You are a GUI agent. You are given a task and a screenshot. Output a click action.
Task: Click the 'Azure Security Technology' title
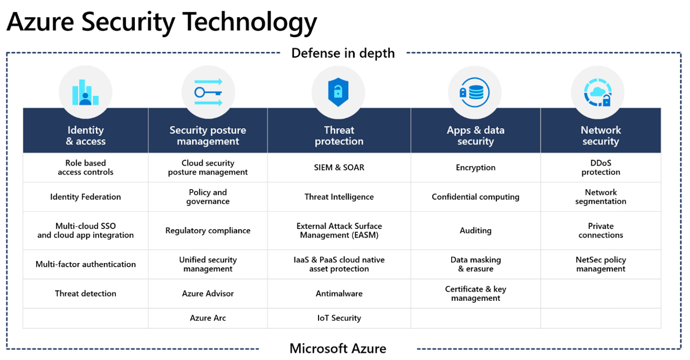(162, 22)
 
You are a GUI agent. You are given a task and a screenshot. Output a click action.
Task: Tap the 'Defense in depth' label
(343, 53)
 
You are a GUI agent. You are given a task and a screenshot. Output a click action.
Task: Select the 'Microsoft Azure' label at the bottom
(338, 349)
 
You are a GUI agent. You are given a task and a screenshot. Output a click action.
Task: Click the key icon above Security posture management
(208, 92)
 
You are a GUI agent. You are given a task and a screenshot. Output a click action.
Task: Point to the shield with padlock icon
(338, 92)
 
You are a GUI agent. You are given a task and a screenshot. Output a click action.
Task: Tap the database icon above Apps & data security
(475, 92)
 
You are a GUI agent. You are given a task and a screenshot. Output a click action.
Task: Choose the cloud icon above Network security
(598, 92)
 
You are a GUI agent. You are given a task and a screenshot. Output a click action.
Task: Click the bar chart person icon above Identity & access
(85, 92)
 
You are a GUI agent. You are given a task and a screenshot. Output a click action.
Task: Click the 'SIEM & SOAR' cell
(339, 168)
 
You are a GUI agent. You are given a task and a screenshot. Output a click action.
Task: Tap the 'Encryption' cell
(475, 168)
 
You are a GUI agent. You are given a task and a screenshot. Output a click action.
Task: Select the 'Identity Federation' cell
(85, 197)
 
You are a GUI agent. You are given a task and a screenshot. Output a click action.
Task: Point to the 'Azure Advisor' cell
(208, 294)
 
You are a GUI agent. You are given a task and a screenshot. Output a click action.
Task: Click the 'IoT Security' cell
(339, 318)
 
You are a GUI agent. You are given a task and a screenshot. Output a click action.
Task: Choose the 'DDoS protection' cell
(601, 168)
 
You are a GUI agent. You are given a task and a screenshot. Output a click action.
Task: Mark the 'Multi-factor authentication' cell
(85, 264)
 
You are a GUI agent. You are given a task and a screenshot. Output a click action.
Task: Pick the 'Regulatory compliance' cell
(208, 231)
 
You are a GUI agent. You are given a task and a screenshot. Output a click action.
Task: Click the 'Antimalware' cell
(339, 294)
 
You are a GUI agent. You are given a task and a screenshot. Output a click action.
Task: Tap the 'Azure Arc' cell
(208, 318)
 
